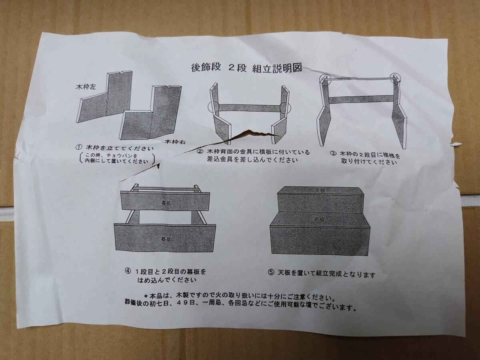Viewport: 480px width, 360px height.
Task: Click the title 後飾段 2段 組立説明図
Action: click(x=247, y=68)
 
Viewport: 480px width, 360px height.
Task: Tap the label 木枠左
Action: click(x=86, y=87)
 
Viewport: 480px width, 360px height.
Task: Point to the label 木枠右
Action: click(x=175, y=142)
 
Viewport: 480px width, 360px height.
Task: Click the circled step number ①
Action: click(x=79, y=147)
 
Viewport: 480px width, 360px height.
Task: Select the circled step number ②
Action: click(x=200, y=151)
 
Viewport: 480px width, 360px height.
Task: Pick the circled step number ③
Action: click(x=333, y=154)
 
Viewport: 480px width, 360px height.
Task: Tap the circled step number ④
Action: click(x=128, y=271)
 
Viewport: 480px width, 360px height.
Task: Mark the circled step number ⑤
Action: click(x=271, y=272)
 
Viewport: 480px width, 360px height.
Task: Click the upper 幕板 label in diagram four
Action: click(x=166, y=203)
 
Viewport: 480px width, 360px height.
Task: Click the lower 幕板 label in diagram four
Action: click(x=166, y=239)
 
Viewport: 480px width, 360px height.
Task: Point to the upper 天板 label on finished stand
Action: click(x=320, y=190)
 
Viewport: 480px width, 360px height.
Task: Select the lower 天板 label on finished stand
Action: click(x=319, y=219)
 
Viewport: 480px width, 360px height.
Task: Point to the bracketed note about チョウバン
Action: click(x=117, y=159)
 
